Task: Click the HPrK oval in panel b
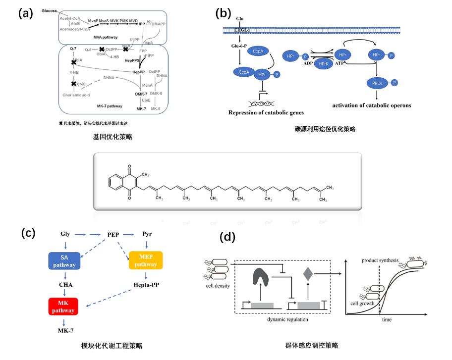click(x=324, y=64)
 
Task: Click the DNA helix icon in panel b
click(x=264, y=103)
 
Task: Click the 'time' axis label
click(x=386, y=320)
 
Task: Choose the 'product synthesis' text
click(x=380, y=260)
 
